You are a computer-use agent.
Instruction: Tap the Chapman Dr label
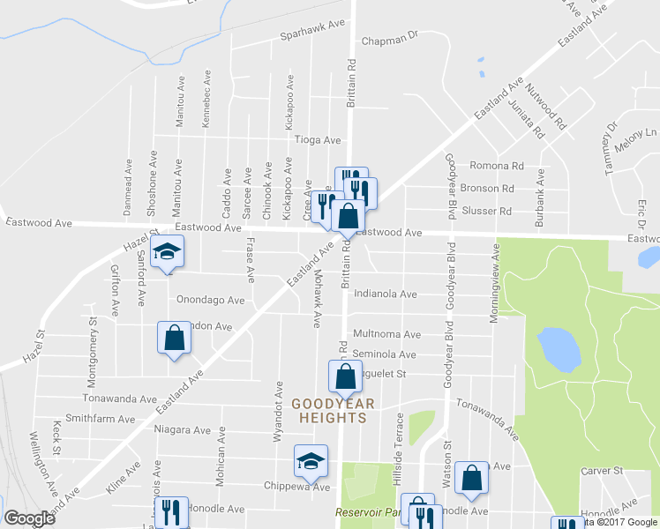click(387, 40)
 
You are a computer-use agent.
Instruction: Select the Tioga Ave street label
click(317, 140)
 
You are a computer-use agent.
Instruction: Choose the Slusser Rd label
click(492, 212)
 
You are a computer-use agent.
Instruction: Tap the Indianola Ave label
click(385, 294)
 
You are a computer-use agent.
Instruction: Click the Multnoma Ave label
click(386, 335)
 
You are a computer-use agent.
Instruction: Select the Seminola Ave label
click(384, 354)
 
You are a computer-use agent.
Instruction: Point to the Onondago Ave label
click(210, 300)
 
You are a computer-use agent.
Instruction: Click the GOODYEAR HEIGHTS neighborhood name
click(334, 410)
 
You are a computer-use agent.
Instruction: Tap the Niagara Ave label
click(183, 431)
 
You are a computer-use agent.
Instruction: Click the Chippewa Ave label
click(296, 487)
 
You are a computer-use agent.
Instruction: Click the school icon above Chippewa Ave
click(310, 461)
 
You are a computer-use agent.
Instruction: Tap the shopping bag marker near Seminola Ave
click(344, 376)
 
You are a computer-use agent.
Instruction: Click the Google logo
click(29, 518)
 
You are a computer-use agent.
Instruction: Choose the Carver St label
click(603, 472)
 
